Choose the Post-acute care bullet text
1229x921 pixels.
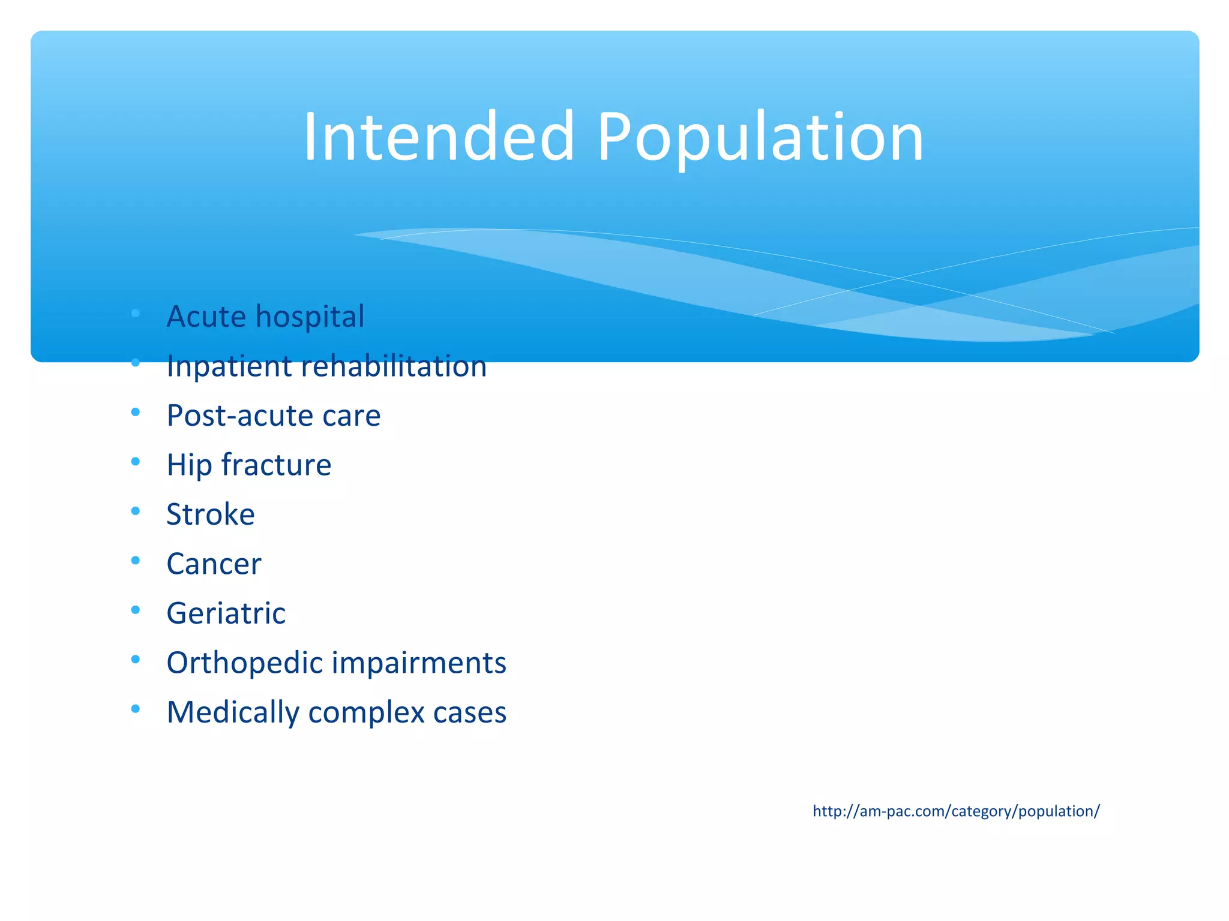[x=273, y=416]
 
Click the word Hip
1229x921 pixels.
[x=188, y=465]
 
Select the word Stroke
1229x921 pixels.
[x=211, y=514]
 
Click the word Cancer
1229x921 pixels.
[x=214, y=564]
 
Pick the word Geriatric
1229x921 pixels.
[x=226, y=613]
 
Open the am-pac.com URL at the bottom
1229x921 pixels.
[x=956, y=811]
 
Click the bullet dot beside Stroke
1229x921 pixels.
[x=136, y=511]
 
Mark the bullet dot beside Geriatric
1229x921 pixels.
[x=136, y=610]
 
